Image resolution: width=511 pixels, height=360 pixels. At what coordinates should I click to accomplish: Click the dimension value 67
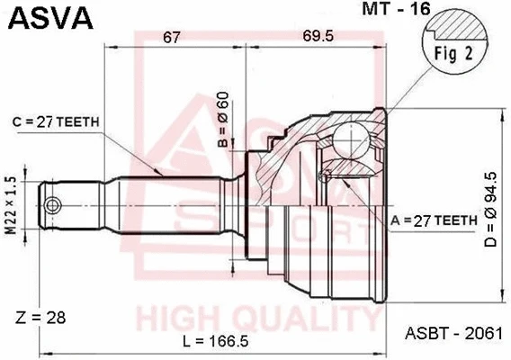[x=172, y=37]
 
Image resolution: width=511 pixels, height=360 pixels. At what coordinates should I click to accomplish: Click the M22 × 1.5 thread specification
[x=11, y=204]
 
